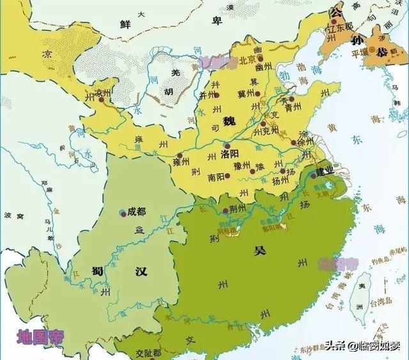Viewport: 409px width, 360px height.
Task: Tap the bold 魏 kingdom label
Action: click(x=229, y=121)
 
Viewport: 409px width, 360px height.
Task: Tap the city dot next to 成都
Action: click(x=122, y=212)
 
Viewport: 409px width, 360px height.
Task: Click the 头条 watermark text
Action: click(x=336, y=347)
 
